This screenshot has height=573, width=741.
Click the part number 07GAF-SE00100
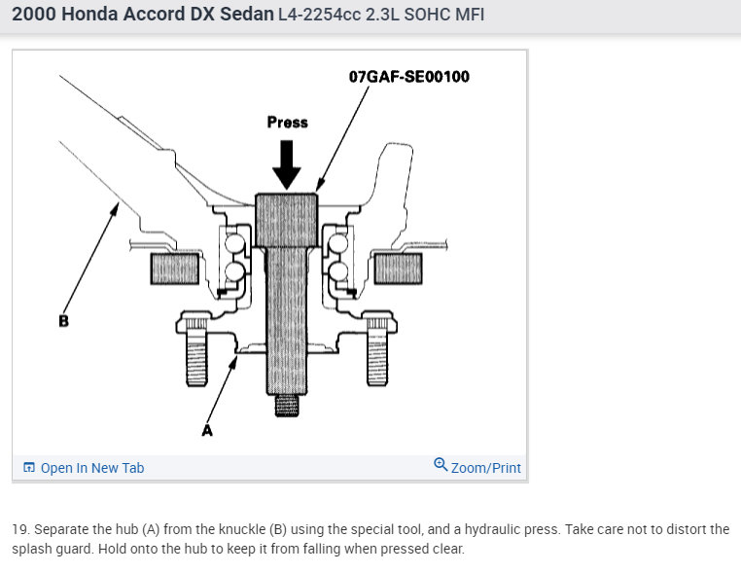pyautogui.click(x=408, y=77)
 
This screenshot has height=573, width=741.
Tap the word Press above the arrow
pyautogui.click(x=287, y=122)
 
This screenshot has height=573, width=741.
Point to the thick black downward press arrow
pyautogui.click(x=286, y=164)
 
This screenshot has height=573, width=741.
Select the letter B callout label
pyautogui.click(x=64, y=321)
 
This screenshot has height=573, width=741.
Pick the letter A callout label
pyautogui.click(x=207, y=430)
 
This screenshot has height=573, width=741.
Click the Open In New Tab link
pyautogui.click(x=92, y=468)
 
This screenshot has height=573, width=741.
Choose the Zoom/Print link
pyautogui.click(x=486, y=468)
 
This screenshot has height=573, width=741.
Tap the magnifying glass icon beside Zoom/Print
pyautogui.click(x=441, y=464)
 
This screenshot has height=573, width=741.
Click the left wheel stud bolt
pyautogui.click(x=196, y=352)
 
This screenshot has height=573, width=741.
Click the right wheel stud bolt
pyautogui.click(x=377, y=352)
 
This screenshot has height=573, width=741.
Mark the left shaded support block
pyautogui.click(x=175, y=269)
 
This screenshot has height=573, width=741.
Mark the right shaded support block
pyautogui.click(x=398, y=269)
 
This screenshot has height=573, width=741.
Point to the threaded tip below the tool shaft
pyautogui.click(x=287, y=405)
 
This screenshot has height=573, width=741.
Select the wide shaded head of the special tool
pyautogui.click(x=286, y=220)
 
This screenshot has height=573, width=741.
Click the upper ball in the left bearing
pyautogui.click(x=234, y=243)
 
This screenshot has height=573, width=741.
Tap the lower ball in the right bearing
pyautogui.click(x=338, y=271)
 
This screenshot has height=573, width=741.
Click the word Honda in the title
pyautogui.click(x=89, y=15)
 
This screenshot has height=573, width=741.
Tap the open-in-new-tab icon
pyautogui.click(x=29, y=468)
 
